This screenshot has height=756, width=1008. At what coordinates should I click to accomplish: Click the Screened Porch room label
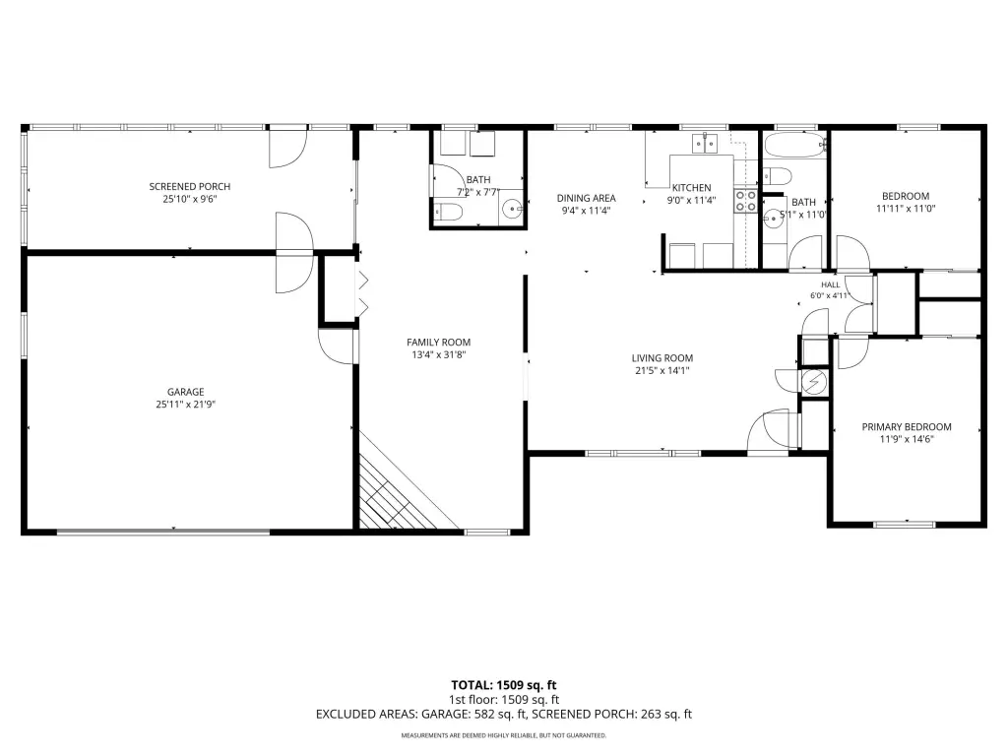pos(190,186)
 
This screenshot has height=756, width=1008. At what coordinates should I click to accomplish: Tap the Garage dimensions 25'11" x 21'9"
pos(186,405)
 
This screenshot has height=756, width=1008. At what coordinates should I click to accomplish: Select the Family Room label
pos(438,343)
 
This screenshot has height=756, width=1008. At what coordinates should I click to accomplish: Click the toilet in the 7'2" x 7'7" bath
pos(448,212)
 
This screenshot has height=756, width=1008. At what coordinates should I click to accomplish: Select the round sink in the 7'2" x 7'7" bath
pos(512,209)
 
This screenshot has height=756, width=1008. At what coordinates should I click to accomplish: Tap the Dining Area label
pos(587,198)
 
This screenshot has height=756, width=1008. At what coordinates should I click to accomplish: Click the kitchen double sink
pos(705,144)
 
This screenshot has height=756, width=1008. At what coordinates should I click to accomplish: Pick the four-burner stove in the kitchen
pos(746,201)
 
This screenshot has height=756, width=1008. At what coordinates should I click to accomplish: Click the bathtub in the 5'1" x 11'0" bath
pos(794,146)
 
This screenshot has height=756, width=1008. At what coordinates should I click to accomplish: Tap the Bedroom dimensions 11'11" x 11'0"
pos(906,209)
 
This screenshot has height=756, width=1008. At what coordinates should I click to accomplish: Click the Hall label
pos(830,284)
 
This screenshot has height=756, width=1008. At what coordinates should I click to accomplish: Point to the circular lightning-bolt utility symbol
pos(814,383)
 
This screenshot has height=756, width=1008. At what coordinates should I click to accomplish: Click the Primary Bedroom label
pos(907,427)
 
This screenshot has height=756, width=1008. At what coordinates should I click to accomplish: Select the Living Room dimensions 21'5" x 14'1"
pos(661,370)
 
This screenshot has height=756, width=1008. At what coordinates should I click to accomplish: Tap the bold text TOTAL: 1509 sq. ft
pos(503,685)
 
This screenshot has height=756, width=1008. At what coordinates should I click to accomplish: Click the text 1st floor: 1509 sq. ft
pos(503,700)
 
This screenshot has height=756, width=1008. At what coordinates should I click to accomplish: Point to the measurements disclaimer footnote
pos(503,735)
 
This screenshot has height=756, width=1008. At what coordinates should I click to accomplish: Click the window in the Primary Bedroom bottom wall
pos(906,525)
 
